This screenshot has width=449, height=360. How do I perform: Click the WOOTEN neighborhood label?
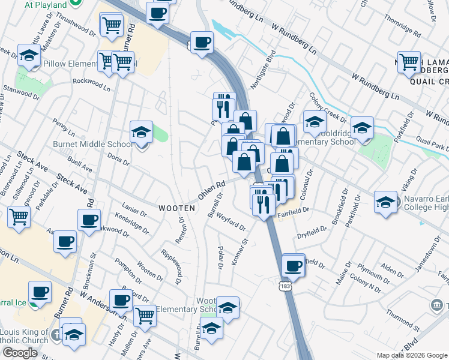[x=177, y=208]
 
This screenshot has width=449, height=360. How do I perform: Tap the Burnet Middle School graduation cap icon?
[x=142, y=132]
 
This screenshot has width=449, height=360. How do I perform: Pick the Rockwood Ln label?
[x=91, y=83]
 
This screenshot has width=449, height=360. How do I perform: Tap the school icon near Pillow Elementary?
[x=28, y=56]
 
